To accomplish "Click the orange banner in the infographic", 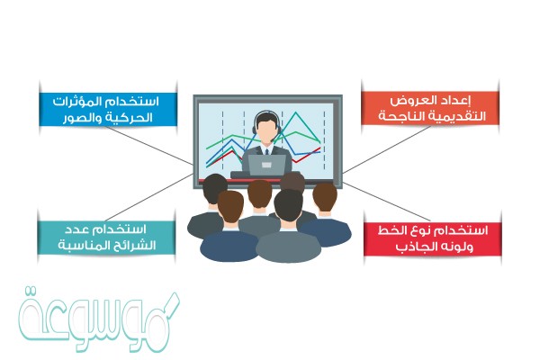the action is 430,108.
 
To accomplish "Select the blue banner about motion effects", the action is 109,109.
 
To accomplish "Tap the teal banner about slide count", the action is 106,238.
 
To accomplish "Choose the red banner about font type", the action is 433,238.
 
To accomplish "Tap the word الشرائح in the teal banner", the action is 133,246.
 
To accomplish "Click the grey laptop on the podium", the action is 267,165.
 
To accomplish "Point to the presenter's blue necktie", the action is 267,152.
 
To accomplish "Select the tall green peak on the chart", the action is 295,112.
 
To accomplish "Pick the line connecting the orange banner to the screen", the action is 387,148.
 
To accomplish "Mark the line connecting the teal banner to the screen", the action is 148,197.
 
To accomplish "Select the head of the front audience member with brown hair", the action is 230,207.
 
